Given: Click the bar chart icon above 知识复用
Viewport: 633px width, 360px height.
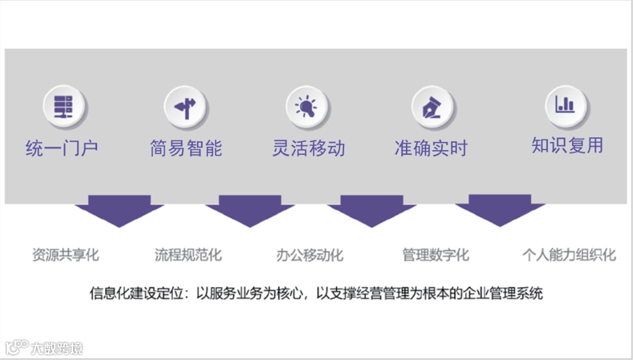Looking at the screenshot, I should coord(566,104).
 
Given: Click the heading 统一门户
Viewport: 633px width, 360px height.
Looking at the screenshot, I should coord(62,149).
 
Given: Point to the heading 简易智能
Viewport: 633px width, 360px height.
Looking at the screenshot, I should coord(186,149).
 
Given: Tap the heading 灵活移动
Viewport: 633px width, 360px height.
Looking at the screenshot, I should coord(308,149).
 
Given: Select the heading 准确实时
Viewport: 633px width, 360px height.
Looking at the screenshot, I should coord(432,149).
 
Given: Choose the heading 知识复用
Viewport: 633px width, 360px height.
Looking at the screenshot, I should coord(567,146).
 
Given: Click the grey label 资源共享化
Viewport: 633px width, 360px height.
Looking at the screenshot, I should coord(65,256).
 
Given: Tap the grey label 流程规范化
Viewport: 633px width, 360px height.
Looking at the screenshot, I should coord(188,256).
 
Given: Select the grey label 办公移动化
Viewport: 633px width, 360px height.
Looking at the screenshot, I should coord(310,256).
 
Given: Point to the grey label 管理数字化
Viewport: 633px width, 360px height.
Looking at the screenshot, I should coord(435,256).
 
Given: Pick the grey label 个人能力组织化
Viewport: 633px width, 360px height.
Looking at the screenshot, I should coord(569,256).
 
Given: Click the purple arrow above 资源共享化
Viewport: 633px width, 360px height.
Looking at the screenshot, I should coord(119,210).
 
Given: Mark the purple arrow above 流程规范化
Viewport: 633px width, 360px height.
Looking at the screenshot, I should coord(249,210).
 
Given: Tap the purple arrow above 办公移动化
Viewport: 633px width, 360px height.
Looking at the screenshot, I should coord(371,210).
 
